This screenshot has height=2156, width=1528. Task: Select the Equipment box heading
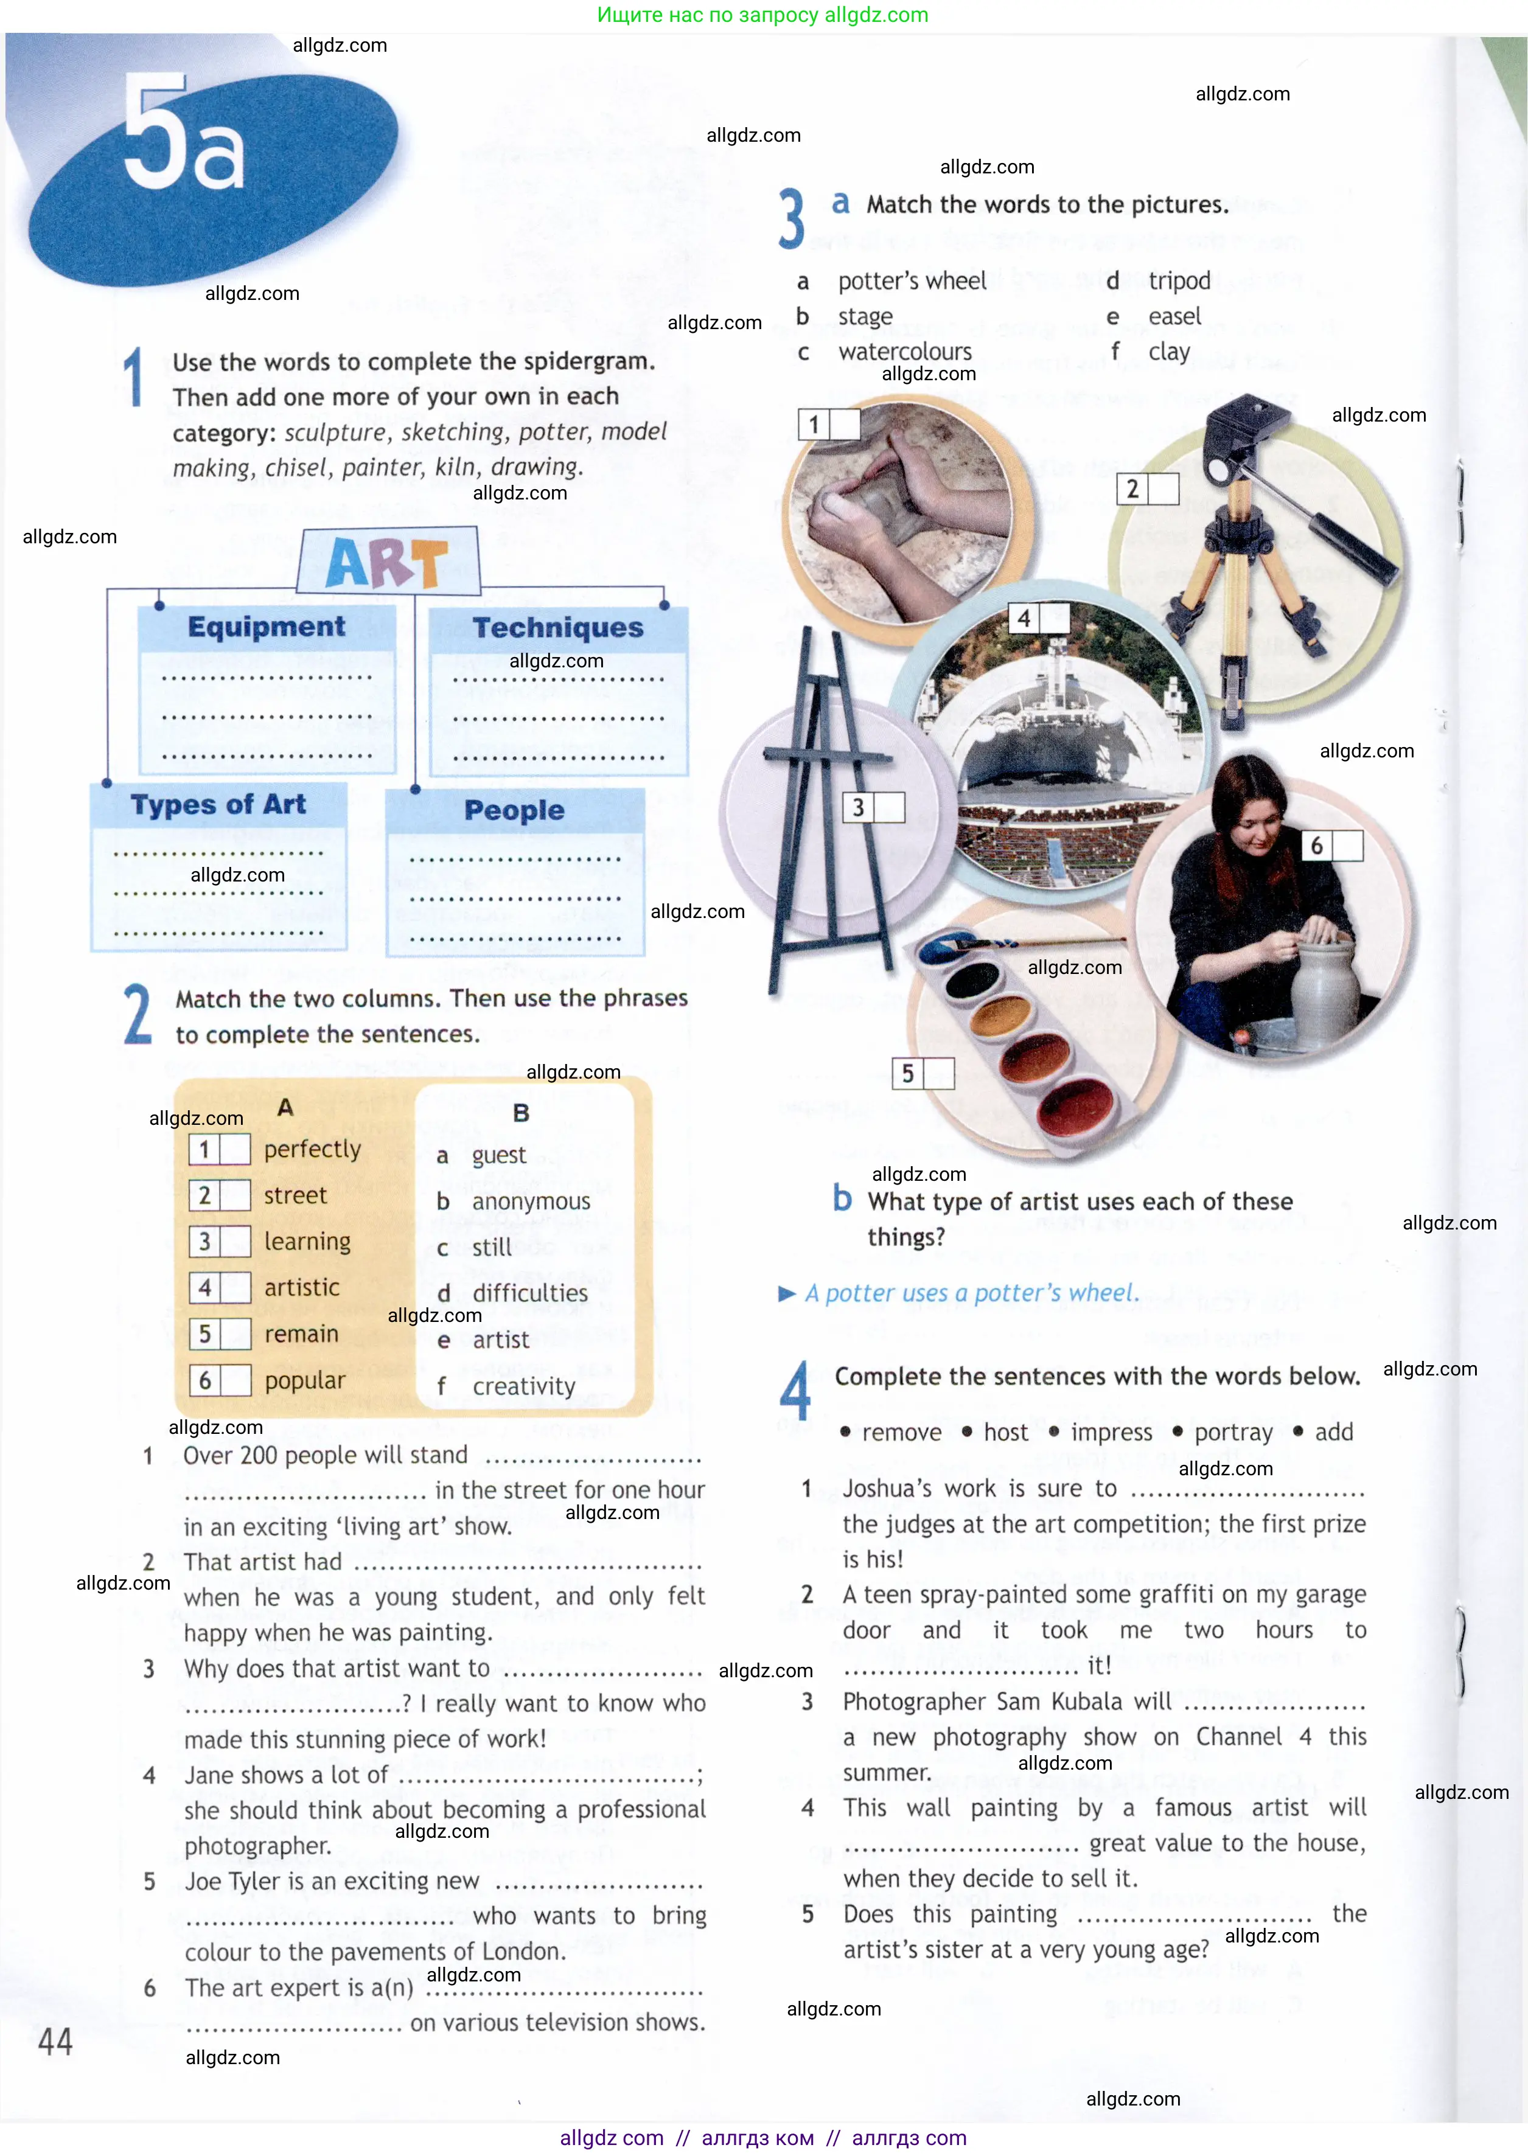[x=267, y=627]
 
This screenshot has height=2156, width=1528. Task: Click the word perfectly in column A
[x=312, y=1150]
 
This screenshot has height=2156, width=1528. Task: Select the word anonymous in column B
[x=531, y=1201]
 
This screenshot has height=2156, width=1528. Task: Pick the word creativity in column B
[x=523, y=1386]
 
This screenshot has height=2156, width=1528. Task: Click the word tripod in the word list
[x=1179, y=281]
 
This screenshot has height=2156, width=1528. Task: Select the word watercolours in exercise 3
[x=904, y=352]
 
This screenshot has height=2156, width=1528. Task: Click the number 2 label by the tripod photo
[x=1133, y=489]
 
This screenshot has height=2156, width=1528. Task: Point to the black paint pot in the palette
[x=971, y=982]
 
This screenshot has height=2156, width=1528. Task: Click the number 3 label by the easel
[x=858, y=808]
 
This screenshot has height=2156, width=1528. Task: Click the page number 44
[x=55, y=2040]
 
